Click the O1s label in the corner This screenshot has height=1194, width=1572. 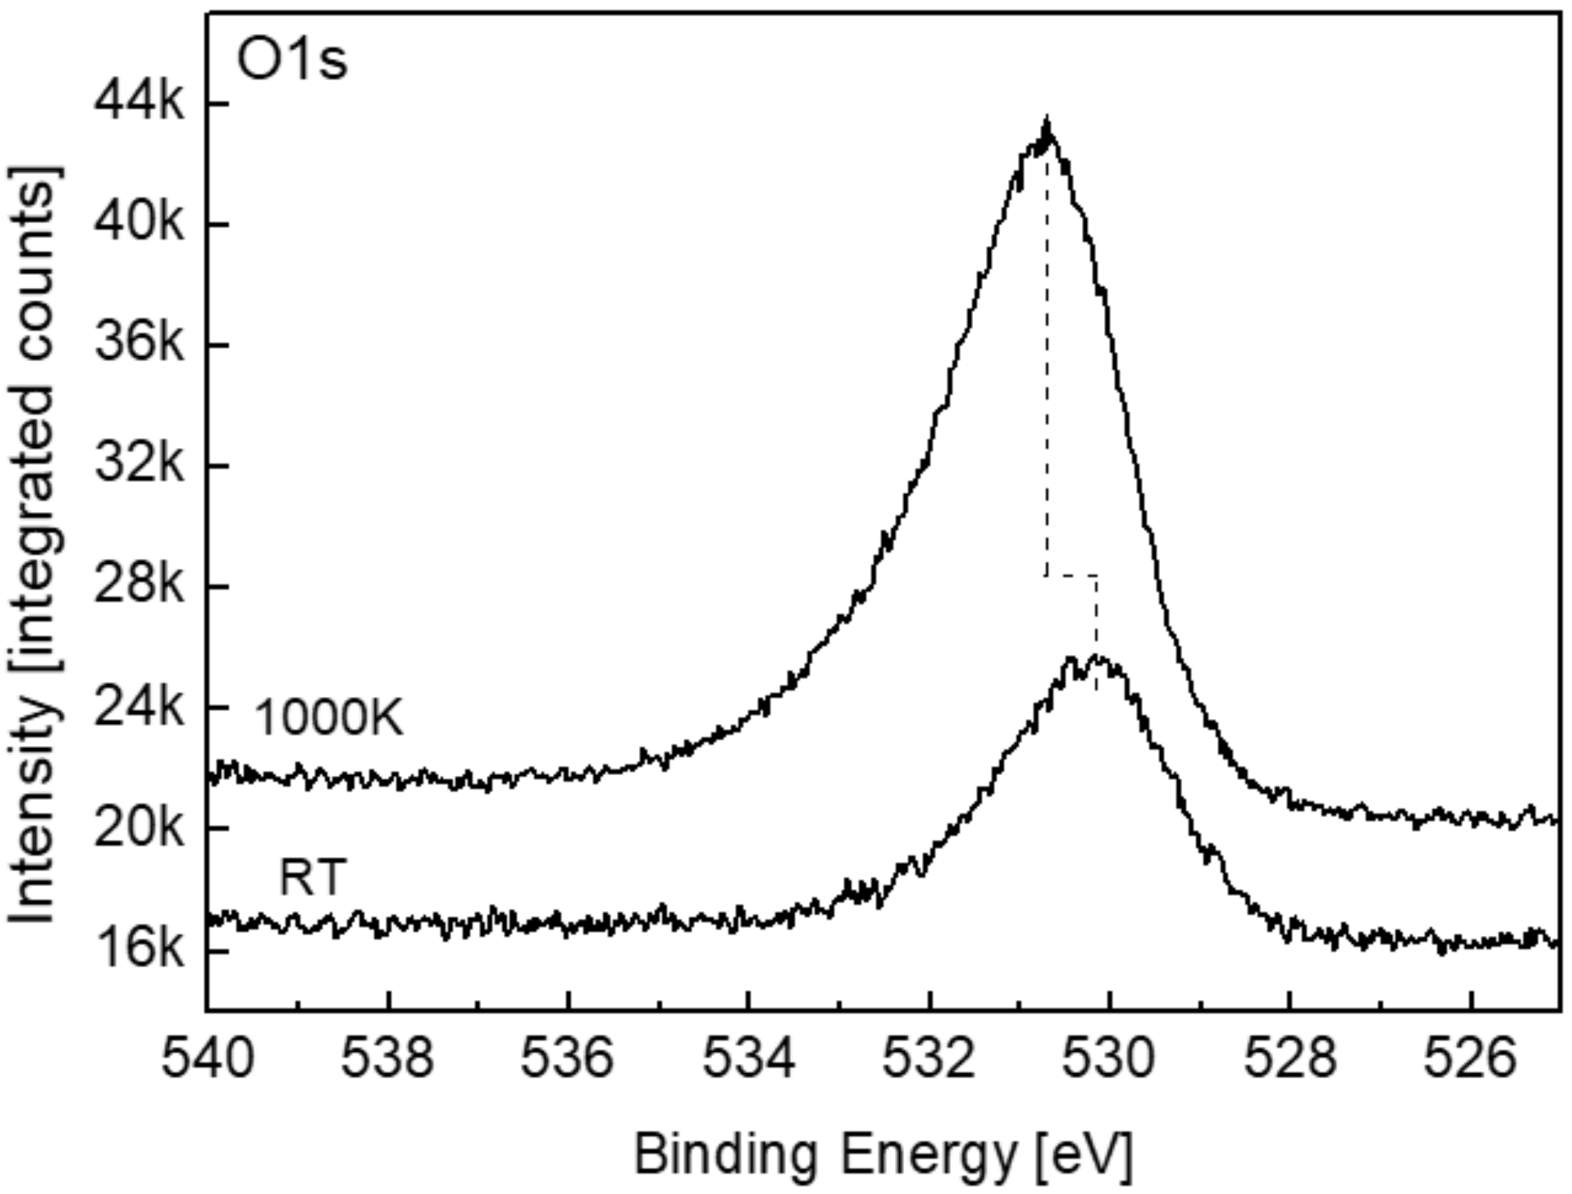click(292, 61)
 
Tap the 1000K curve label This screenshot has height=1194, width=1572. click(329, 718)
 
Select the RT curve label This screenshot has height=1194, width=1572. click(313, 878)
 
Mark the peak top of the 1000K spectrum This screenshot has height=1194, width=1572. click(1046, 122)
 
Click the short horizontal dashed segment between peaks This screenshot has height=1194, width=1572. click(1071, 576)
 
